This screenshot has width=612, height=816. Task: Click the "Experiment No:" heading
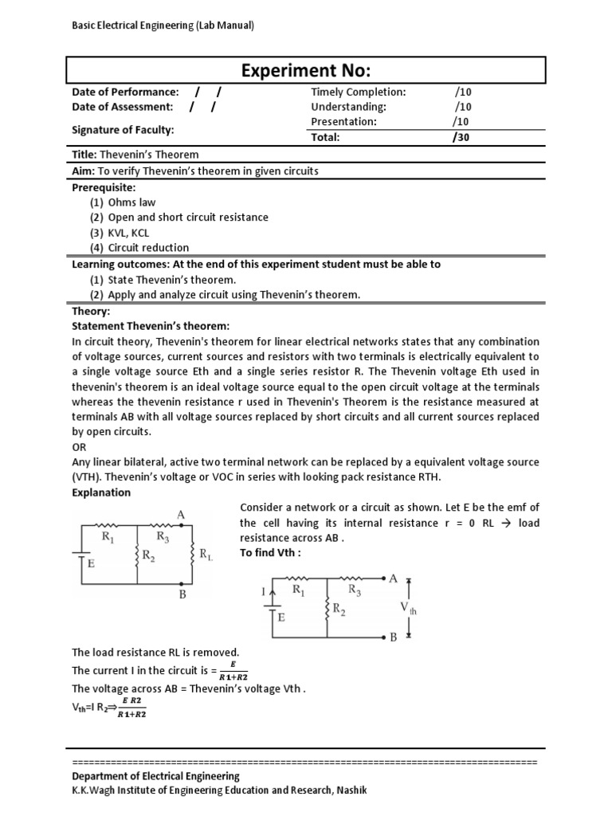(x=307, y=70)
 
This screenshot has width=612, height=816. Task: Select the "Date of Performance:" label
(x=125, y=92)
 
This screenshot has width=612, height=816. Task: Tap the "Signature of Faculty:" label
(x=123, y=129)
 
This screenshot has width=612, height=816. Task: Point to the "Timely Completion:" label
(x=358, y=92)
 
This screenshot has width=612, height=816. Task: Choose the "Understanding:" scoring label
(x=348, y=107)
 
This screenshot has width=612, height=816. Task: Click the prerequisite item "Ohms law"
(x=137, y=202)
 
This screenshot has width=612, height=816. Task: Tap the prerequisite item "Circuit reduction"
(x=148, y=248)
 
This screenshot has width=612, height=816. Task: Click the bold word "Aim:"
(x=84, y=171)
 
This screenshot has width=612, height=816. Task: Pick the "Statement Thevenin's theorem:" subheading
(x=151, y=326)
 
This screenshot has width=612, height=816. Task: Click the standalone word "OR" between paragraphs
(x=79, y=447)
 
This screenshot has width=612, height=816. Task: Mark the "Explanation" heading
(x=101, y=492)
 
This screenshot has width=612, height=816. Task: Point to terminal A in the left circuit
(x=181, y=516)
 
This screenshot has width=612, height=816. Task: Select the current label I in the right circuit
(x=262, y=592)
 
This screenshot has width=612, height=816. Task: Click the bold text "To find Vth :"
(x=270, y=553)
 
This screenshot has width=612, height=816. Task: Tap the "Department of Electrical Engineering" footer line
(x=155, y=776)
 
